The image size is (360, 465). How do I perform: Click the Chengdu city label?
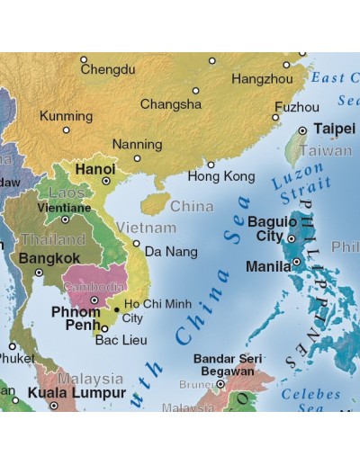108,69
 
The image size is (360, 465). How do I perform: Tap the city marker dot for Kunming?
66,130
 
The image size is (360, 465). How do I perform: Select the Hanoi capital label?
94,168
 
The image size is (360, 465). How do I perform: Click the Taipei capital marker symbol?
302,130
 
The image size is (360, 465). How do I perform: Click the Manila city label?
267,267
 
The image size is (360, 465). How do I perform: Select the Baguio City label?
271,228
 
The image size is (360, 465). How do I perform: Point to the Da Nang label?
170,251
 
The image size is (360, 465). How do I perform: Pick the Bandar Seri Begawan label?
225,364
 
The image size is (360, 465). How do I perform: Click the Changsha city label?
170,104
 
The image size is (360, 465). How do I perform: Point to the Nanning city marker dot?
138,158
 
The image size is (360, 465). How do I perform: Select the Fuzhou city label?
296,106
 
